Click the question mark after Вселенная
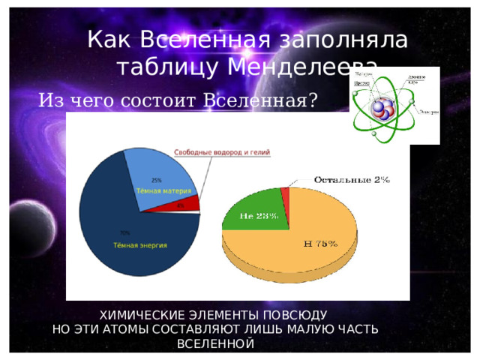tap(312, 100)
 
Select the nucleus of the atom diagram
tap(383, 109)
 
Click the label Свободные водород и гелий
tap(223, 152)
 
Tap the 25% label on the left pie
tap(157, 180)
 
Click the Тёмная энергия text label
tap(139, 244)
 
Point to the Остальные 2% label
tap(351, 179)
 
